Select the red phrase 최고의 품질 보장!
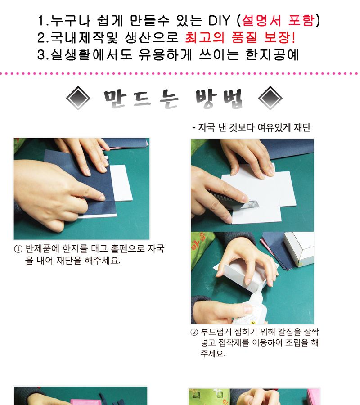[240, 37]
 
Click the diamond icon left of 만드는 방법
[78, 98]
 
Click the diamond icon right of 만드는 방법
[270, 98]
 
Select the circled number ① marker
[18, 249]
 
